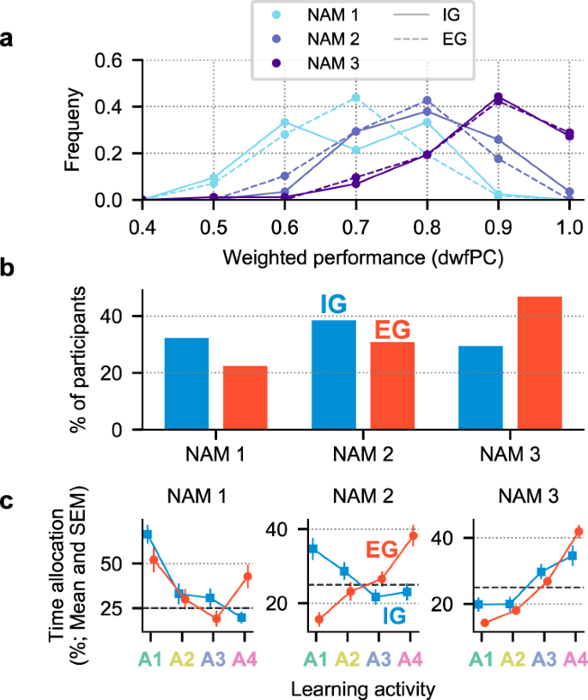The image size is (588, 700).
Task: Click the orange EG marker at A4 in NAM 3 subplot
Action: pos(578,532)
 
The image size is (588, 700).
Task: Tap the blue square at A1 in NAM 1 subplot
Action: pos(148,535)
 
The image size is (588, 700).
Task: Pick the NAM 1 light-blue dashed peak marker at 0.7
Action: pos(355,97)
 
